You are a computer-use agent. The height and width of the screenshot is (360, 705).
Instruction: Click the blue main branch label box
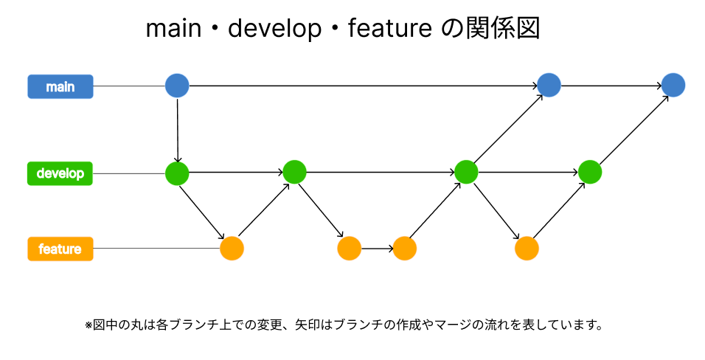point(60,86)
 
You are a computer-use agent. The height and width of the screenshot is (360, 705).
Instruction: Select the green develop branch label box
point(60,173)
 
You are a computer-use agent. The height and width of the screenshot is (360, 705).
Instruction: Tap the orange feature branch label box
point(60,249)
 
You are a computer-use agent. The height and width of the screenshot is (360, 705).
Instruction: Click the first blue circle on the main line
point(177,86)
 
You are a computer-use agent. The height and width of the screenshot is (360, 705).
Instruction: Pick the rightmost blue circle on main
point(673,85)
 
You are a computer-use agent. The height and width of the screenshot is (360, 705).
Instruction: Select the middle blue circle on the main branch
point(549,85)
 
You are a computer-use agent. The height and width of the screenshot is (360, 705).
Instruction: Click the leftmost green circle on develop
point(177,173)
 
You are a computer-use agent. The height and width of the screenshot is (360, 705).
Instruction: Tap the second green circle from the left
point(294,172)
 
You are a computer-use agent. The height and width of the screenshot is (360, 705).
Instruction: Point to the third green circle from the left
point(466,172)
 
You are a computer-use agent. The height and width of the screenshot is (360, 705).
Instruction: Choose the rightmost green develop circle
point(590,172)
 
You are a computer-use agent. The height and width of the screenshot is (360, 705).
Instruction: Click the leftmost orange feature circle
point(232,248)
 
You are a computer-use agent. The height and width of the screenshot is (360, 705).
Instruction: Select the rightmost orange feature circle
point(527,248)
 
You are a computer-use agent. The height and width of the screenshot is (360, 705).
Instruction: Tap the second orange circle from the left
point(349,248)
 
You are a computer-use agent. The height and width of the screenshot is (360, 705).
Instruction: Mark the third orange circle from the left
point(405,248)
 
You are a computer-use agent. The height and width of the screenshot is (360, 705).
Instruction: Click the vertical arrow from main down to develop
point(178,129)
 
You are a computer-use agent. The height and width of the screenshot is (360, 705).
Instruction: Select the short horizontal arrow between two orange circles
point(377,248)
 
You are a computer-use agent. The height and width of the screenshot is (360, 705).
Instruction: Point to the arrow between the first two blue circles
point(361,86)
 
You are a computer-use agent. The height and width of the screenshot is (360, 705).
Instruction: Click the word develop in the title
point(274,30)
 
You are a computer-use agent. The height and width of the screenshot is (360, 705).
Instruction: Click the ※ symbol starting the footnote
point(88,325)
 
